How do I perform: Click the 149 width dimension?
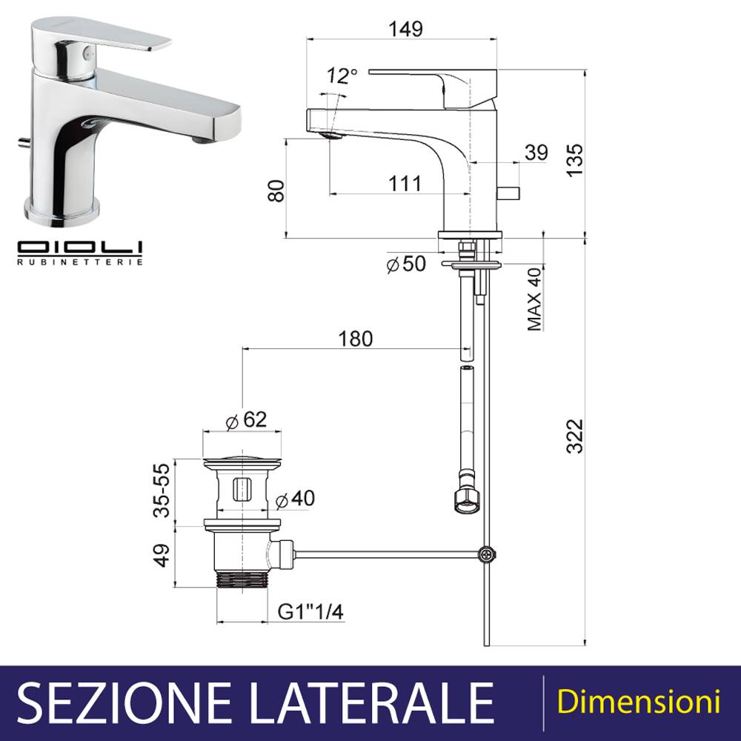coord(405,29)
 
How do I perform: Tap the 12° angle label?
coord(342,76)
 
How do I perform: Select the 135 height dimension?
coord(575,161)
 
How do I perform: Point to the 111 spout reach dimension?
coord(405,183)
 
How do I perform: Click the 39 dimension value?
coord(536,152)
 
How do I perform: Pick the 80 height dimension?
coord(276,191)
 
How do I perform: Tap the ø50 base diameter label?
coord(406,264)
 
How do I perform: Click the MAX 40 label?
coord(534,299)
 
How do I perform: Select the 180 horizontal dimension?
coord(356,339)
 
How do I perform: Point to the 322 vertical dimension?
coord(575,436)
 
